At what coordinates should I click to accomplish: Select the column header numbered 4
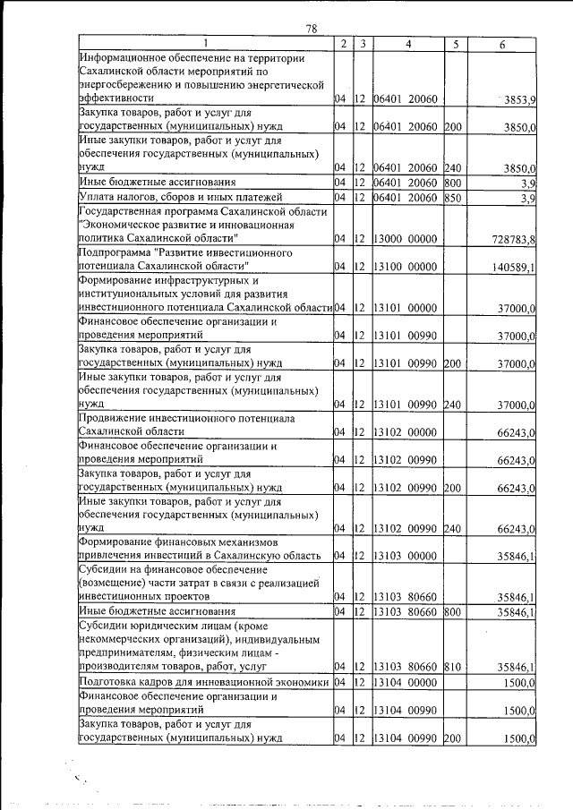pyautogui.click(x=406, y=43)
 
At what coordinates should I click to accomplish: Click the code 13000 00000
pyautogui.click(x=404, y=239)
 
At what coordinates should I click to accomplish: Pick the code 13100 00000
pyautogui.click(x=404, y=267)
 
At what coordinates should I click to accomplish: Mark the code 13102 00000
pyautogui.click(x=404, y=431)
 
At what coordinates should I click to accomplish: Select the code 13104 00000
pyautogui.click(x=404, y=682)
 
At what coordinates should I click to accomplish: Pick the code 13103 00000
pyautogui.click(x=404, y=556)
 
